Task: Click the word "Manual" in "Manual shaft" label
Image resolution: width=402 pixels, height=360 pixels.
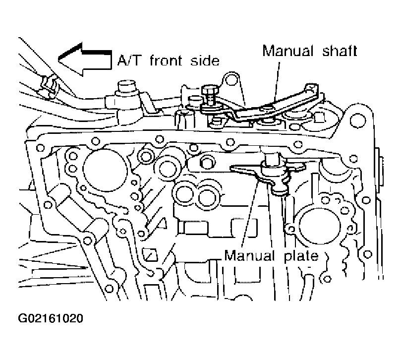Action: [284, 50]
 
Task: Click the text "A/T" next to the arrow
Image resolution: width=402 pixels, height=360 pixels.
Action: [128, 61]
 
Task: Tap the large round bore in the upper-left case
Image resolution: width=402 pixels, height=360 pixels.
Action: [101, 171]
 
